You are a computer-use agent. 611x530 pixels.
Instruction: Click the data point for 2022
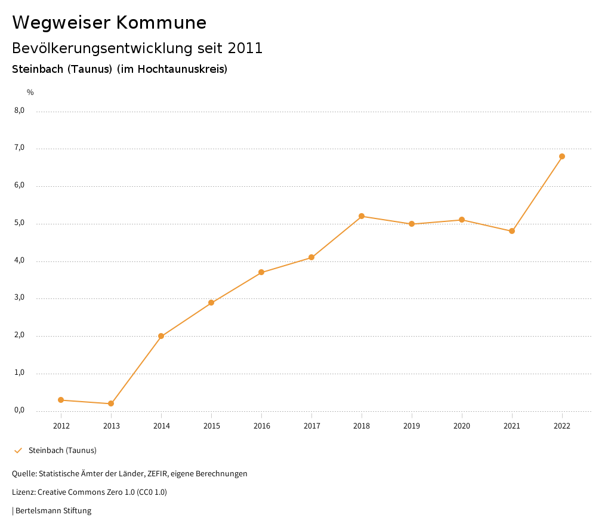tap(562, 156)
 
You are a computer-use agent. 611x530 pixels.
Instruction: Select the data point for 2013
tap(111, 403)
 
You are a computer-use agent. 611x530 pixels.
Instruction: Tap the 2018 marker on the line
tap(362, 216)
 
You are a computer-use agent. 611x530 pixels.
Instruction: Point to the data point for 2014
tap(161, 336)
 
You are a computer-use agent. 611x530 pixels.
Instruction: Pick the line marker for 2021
tap(512, 231)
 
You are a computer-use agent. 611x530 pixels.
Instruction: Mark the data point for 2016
tap(261, 272)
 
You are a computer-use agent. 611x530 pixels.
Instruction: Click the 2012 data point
tap(61, 400)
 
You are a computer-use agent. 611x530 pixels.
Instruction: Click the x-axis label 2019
tap(412, 426)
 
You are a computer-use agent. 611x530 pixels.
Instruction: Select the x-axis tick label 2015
tap(211, 426)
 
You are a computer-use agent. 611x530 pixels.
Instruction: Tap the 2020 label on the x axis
tap(462, 426)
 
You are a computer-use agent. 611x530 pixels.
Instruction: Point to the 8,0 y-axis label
tap(20, 110)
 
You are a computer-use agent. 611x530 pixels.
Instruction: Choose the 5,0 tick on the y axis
tap(20, 223)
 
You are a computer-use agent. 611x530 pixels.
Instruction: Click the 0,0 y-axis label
tap(20, 410)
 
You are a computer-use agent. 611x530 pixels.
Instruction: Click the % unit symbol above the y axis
tap(30, 93)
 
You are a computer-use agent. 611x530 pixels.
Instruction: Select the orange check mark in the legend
tap(18, 450)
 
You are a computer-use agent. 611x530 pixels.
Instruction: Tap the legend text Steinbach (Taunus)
tap(63, 450)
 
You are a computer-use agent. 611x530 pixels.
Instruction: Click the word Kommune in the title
tap(161, 23)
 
